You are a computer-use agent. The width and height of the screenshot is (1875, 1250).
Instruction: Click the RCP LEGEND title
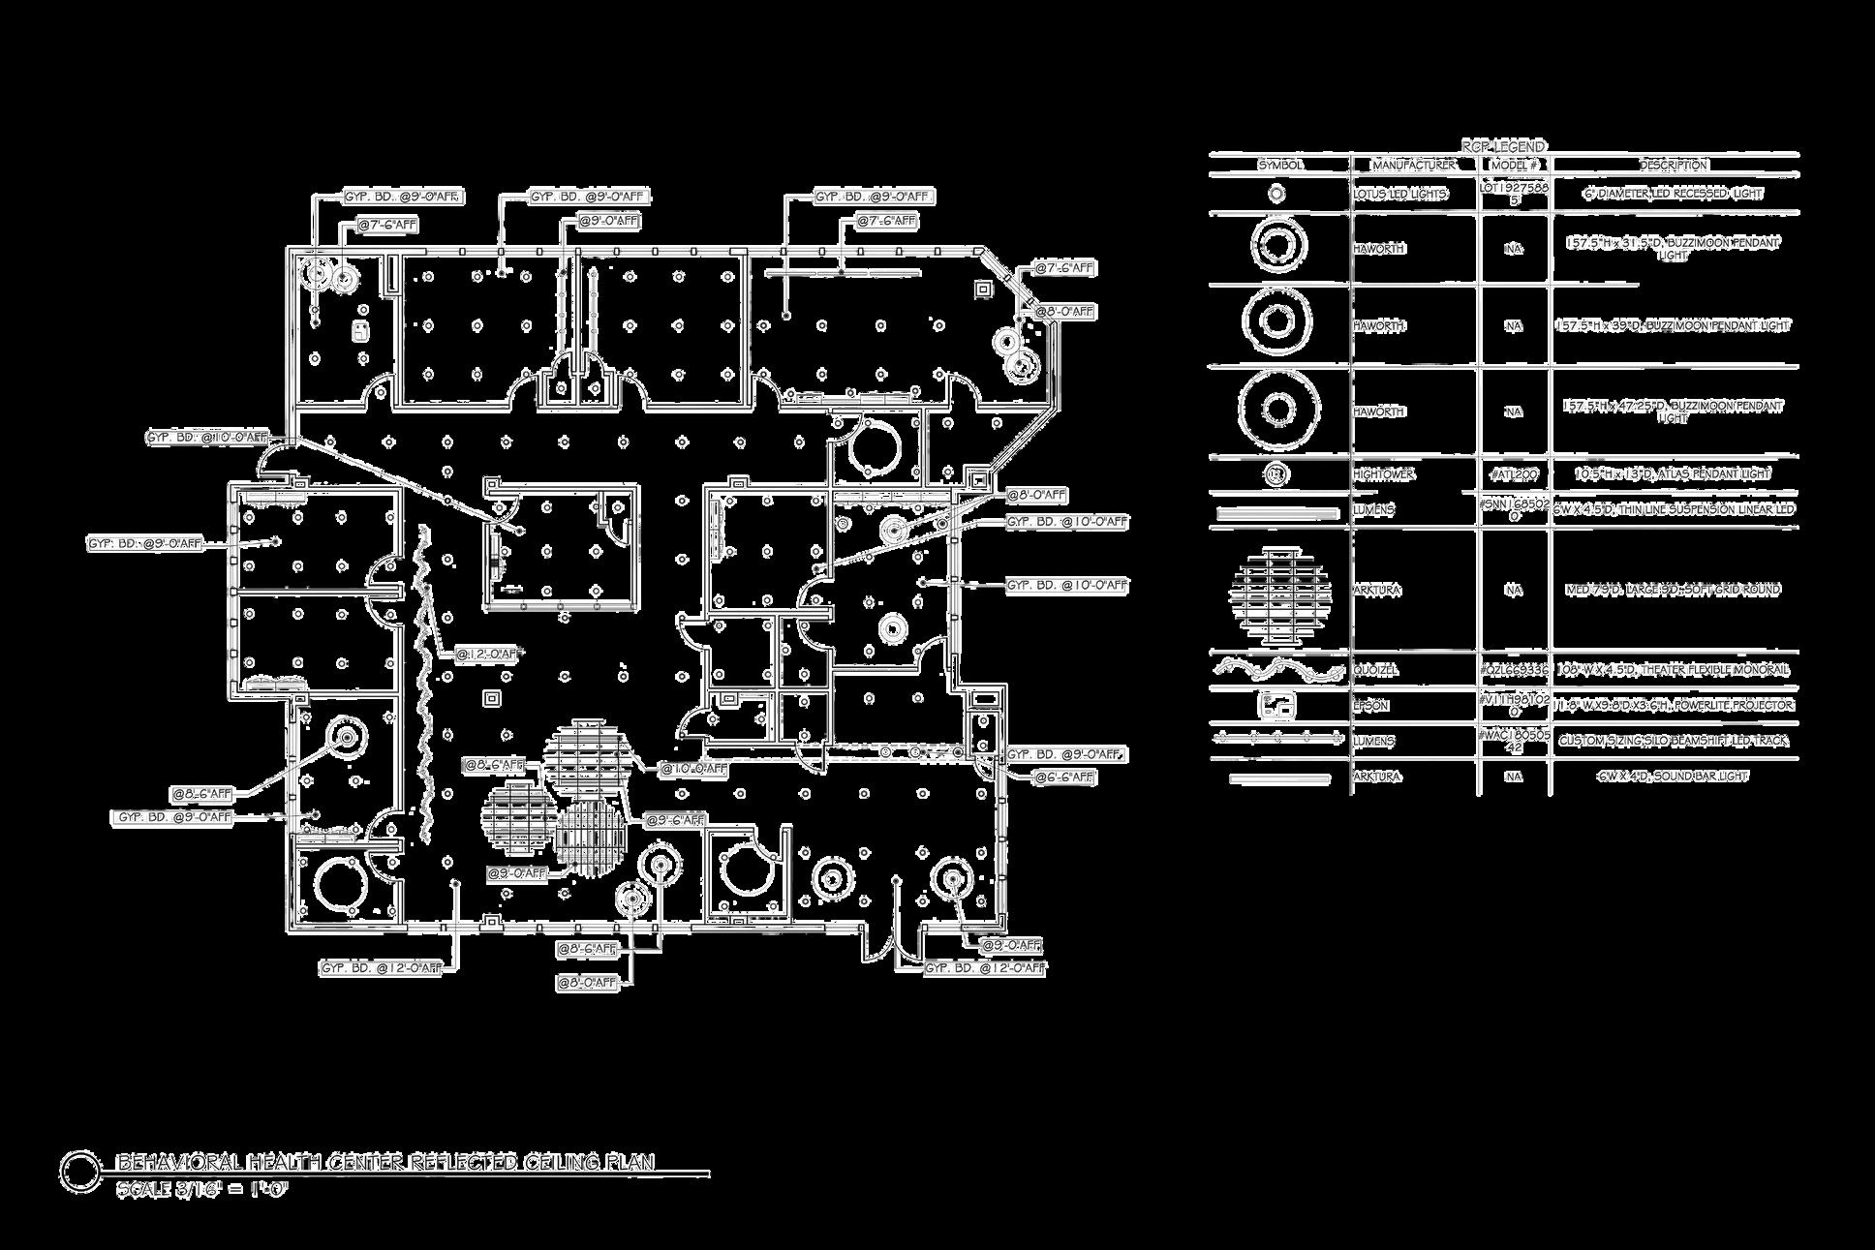(1503, 146)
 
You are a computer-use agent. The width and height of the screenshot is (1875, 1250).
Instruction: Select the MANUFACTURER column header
(1414, 165)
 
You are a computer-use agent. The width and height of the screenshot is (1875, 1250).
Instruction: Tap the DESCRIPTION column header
(1673, 165)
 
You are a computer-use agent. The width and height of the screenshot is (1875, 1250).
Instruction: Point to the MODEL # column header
(1514, 165)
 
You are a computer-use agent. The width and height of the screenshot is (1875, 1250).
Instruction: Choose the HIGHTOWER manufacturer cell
(1383, 474)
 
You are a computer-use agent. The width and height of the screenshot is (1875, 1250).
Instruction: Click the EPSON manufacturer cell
(1370, 706)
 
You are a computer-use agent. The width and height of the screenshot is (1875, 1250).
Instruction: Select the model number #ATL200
(1514, 474)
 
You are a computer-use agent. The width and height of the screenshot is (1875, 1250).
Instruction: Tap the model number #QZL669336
(1514, 670)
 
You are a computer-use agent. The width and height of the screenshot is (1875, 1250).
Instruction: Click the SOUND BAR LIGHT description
(1673, 777)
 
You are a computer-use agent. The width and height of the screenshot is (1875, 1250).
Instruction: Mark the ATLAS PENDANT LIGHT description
(1673, 474)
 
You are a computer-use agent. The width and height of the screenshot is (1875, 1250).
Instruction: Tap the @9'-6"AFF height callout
(674, 820)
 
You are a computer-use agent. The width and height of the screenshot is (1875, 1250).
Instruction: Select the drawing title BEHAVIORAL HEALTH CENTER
(385, 1162)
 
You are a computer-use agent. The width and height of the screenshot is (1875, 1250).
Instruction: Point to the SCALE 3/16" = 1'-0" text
(201, 1189)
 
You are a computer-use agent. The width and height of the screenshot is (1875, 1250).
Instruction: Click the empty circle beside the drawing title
(79, 1171)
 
